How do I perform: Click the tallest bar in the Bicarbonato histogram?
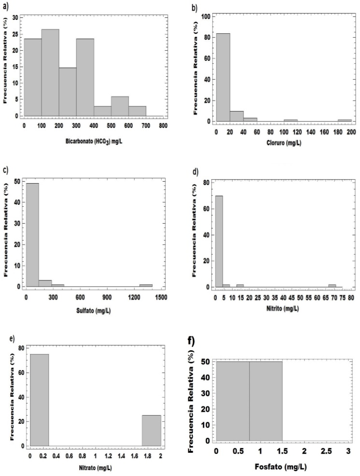pyautogui.click(x=50, y=72)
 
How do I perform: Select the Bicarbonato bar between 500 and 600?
pyautogui.click(x=119, y=106)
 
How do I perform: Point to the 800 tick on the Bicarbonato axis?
pyautogui.click(x=163, y=125)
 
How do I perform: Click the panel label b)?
pyautogui.click(x=195, y=8)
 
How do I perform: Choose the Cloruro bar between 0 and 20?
pyautogui.click(x=223, y=77)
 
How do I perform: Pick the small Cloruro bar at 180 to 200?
pyautogui.click(x=345, y=119)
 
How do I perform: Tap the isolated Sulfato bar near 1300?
pyautogui.click(x=146, y=285)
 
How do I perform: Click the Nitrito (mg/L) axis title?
pyautogui.click(x=284, y=308)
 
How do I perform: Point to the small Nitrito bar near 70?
pyautogui.click(x=332, y=286)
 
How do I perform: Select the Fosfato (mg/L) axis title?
pyautogui.click(x=282, y=467)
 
